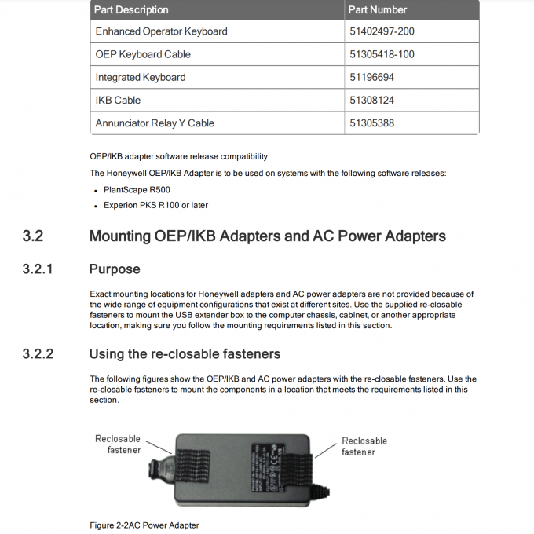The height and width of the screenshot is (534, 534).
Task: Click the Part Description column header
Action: pos(132,10)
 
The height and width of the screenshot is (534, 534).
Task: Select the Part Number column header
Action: pos(378,10)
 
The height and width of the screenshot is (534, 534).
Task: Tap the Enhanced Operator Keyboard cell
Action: pos(161,31)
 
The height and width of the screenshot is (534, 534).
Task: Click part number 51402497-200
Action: pos(382,31)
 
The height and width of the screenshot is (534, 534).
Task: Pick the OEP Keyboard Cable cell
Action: pos(143,54)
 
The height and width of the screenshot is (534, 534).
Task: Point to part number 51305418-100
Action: pos(382,54)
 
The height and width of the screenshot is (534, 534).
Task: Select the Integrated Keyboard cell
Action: pos(141,77)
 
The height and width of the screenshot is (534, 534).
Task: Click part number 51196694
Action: pos(373,77)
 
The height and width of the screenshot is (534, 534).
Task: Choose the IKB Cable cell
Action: pos(118,100)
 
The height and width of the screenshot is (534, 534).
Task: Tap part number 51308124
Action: pos(373,100)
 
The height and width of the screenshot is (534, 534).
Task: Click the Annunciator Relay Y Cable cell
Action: pos(155,123)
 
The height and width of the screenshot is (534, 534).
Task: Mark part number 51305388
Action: pos(373,123)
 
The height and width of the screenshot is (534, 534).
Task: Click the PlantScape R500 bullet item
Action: pos(137,190)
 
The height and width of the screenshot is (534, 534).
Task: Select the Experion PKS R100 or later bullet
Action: pos(155,205)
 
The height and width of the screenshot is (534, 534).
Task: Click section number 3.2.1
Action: pos(38,269)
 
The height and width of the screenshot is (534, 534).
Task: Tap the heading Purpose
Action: pos(115,269)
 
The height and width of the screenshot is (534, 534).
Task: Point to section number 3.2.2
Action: pos(38,354)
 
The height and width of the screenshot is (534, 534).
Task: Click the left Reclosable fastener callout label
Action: pos(118,444)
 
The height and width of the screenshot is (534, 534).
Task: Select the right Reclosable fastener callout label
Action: pos(364,446)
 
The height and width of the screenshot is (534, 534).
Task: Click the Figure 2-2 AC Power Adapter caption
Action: pos(144,525)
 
